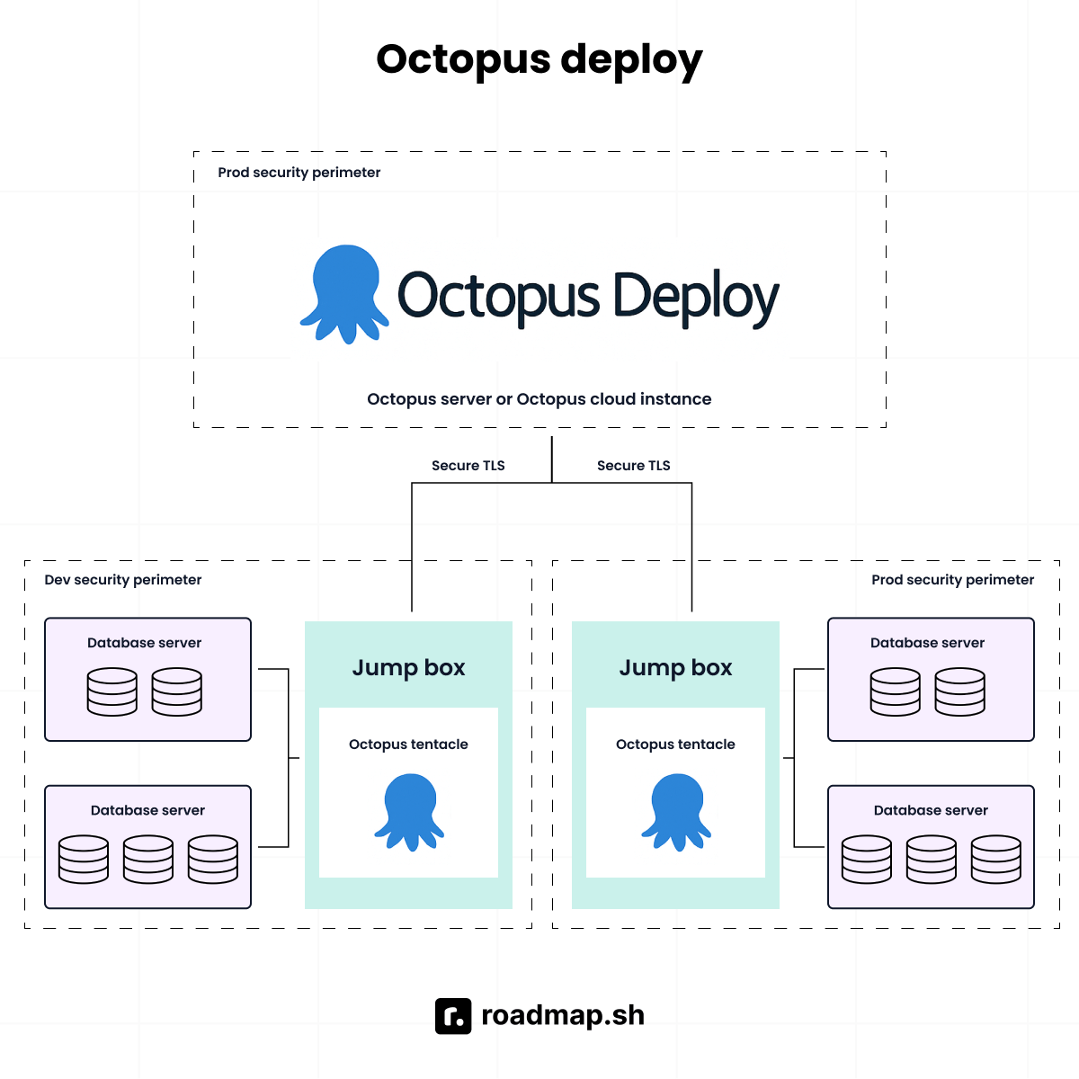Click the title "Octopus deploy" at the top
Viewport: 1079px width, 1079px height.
(x=539, y=60)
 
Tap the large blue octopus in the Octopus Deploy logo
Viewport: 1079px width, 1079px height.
(x=344, y=292)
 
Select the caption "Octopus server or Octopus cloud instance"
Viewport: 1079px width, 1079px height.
(x=539, y=399)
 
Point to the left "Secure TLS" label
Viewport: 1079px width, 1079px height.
(x=468, y=466)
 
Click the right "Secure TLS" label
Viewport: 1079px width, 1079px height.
(x=633, y=466)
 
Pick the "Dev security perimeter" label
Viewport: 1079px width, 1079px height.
(x=123, y=580)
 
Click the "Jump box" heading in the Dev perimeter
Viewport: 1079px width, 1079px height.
(x=408, y=668)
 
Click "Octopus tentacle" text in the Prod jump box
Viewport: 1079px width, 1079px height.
(x=675, y=745)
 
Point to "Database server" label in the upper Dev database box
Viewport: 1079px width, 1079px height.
(x=144, y=643)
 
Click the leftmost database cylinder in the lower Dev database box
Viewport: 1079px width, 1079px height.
(x=84, y=860)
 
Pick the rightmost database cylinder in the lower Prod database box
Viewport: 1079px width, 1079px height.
(x=996, y=860)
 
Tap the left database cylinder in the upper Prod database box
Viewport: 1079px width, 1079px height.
(x=896, y=691)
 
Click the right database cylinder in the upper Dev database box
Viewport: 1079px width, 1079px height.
(x=177, y=691)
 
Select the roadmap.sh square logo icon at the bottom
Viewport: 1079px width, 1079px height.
(x=453, y=1016)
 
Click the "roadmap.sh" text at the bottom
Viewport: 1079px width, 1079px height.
(x=563, y=1015)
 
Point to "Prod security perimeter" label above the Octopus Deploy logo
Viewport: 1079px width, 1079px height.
(x=299, y=173)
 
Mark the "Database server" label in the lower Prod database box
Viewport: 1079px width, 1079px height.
(x=931, y=810)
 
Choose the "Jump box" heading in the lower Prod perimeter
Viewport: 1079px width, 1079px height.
(x=675, y=668)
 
